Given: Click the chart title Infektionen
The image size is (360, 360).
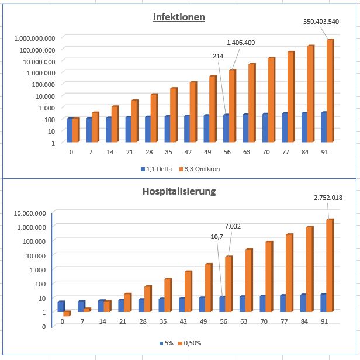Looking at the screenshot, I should click(x=179, y=17).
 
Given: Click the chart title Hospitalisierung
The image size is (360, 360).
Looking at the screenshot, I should click(x=179, y=191).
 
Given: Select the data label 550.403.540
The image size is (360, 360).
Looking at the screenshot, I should click(x=321, y=22).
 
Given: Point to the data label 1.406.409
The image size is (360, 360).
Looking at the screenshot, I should click(x=241, y=43).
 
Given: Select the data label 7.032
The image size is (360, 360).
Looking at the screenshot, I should click(x=236, y=226).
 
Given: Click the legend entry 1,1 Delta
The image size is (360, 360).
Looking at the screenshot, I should click(x=159, y=169).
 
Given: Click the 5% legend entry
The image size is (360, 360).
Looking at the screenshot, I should click(x=169, y=343).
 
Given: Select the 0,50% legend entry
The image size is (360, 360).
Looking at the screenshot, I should click(x=194, y=343).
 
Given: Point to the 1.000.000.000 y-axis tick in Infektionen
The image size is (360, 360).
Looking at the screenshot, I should click(x=34, y=38).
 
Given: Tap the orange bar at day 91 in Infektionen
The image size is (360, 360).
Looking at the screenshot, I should click(x=330, y=91).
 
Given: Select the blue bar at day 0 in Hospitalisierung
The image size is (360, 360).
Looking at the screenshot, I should click(x=61, y=306).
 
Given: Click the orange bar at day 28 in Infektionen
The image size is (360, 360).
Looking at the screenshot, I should click(x=154, y=117).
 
